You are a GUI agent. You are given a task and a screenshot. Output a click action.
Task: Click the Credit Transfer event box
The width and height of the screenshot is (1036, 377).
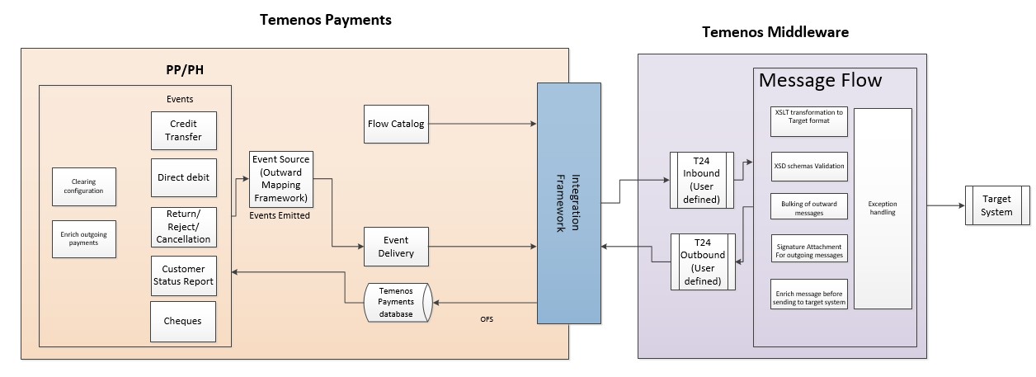pyautogui.click(x=184, y=131)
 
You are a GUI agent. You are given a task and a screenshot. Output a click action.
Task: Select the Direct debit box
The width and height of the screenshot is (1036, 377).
pyautogui.click(x=184, y=177)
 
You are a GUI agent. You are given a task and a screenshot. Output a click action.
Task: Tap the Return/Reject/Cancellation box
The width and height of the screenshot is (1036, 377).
pyautogui.click(x=184, y=227)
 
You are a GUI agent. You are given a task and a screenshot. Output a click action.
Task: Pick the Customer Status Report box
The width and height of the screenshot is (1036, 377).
pyautogui.click(x=184, y=276)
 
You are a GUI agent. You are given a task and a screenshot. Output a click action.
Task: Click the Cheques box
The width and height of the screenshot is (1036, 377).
pyautogui.click(x=184, y=322)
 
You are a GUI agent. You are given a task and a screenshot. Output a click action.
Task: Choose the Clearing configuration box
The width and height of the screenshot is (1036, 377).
pyautogui.click(x=82, y=186)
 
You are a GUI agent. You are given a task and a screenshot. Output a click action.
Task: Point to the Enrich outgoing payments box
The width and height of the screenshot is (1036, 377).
pyautogui.click(x=82, y=238)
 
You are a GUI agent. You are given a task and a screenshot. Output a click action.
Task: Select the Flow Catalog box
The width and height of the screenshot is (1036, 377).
pyautogui.click(x=396, y=125)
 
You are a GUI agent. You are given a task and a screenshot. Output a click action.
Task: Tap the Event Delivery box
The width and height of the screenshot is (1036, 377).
pyautogui.click(x=396, y=247)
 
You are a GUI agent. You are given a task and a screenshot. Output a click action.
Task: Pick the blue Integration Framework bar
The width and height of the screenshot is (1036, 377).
pyautogui.click(x=568, y=202)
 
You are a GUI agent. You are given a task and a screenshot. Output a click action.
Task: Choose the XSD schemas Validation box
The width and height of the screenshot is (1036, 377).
pyautogui.click(x=808, y=167)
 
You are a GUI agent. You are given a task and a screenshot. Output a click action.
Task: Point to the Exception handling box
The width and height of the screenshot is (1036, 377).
pyautogui.click(x=882, y=208)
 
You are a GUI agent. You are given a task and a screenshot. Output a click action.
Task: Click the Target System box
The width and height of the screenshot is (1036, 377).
pyautogui.click(x=996, y=205)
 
